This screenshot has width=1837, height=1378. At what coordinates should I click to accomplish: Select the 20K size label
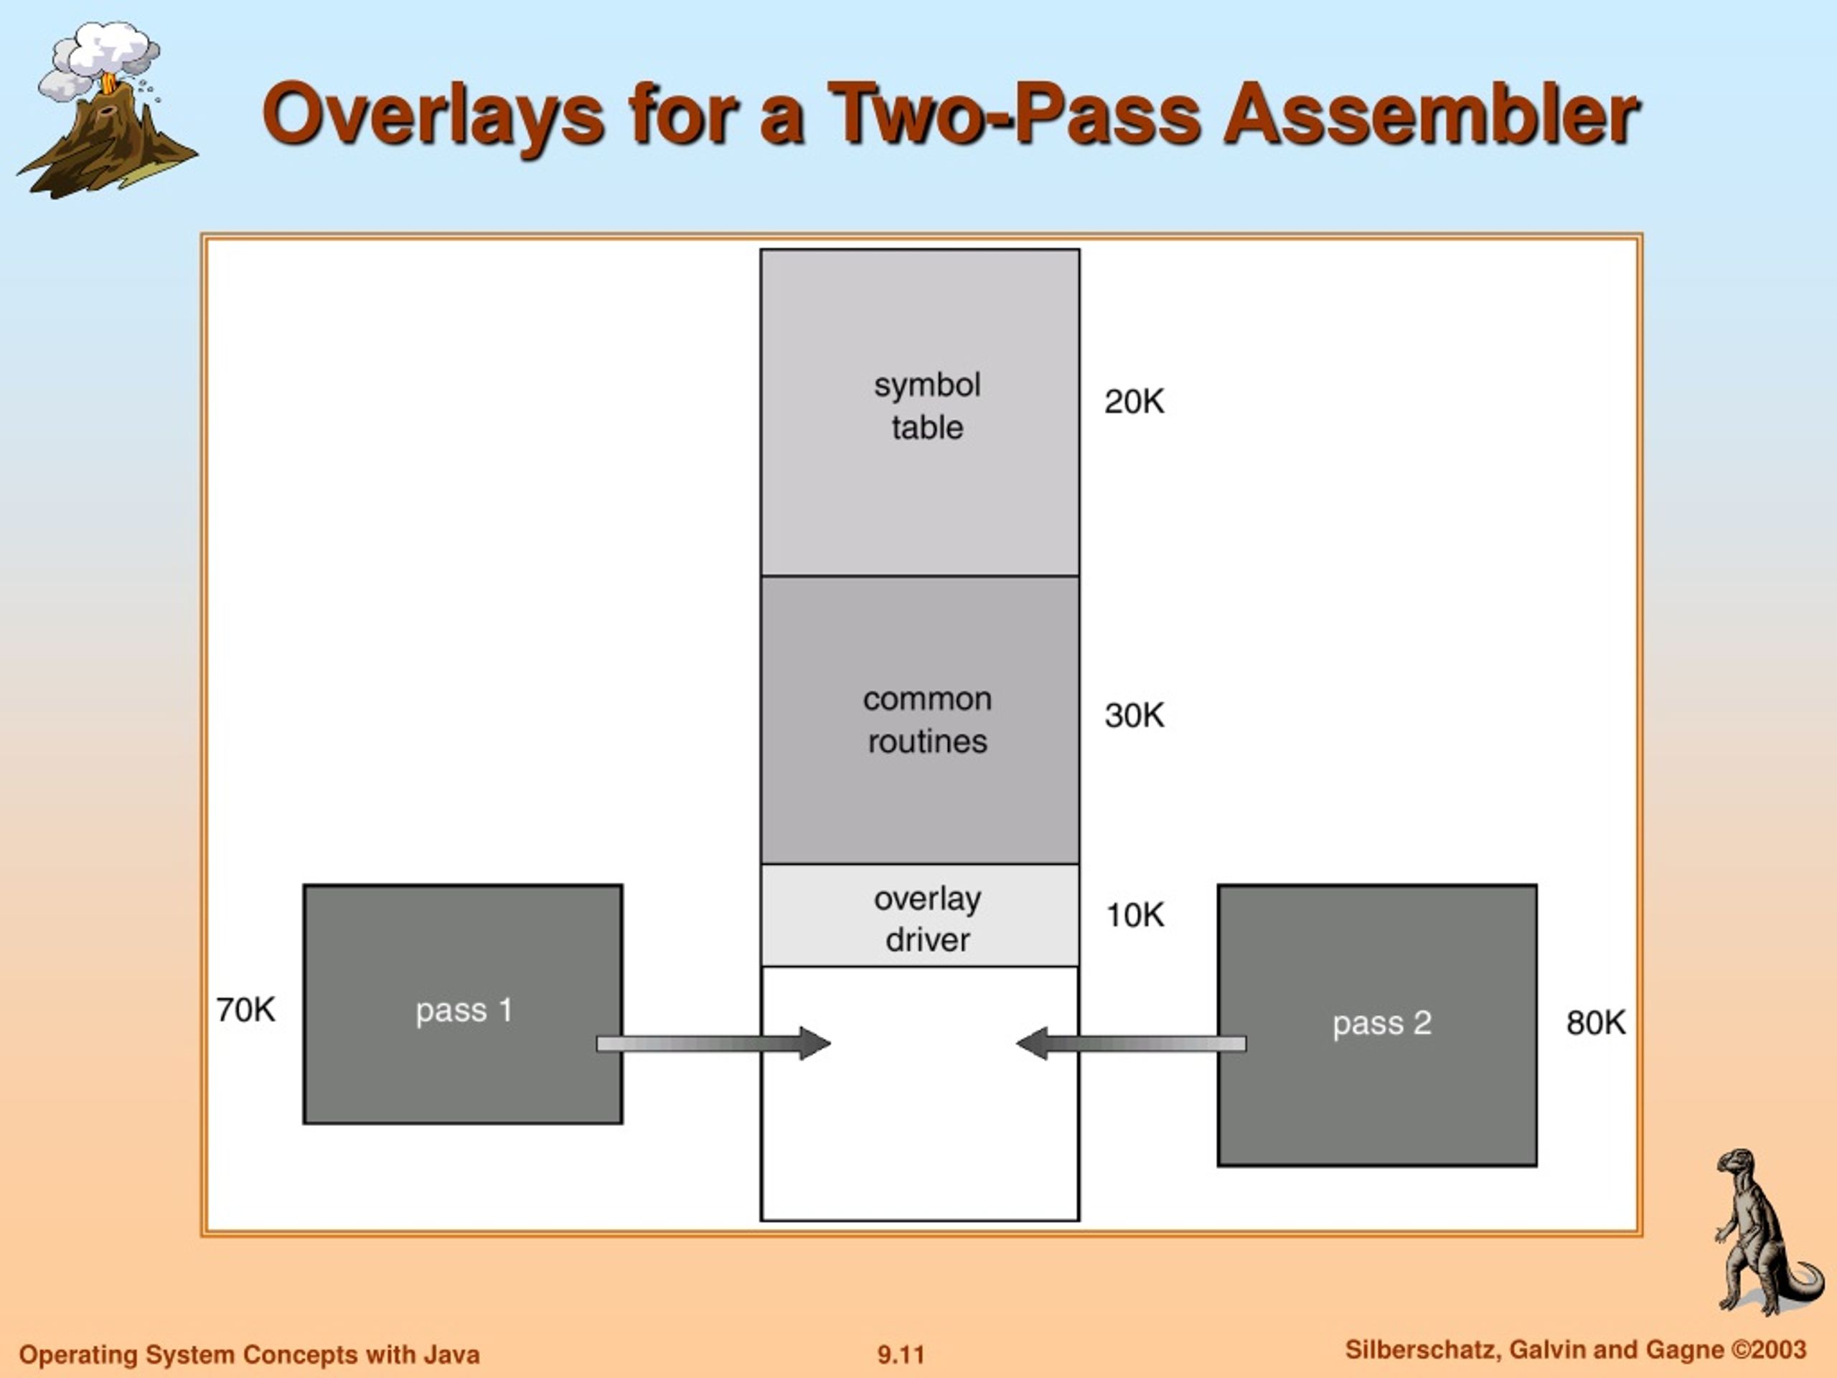point(1134,402)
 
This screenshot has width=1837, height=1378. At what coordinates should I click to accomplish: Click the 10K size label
point(1134,915)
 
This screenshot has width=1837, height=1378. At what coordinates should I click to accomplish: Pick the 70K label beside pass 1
point(246,1010)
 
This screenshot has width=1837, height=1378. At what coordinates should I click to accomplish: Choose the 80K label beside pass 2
point(1595,1023)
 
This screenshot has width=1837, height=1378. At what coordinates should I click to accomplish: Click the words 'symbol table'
point(927,406)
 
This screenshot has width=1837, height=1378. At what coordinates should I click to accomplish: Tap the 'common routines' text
point(927,720)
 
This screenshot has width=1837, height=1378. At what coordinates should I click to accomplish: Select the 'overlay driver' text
point(927,919)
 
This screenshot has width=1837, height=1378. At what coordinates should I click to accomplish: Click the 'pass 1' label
point(464,1011)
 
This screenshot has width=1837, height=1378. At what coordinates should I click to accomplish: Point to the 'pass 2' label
point(1382,1023)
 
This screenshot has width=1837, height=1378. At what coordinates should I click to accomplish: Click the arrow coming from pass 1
point(713,1044)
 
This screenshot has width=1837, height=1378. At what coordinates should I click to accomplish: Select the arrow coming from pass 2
point(1131,1044)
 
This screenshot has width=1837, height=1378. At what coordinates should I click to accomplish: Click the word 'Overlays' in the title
point(433,115)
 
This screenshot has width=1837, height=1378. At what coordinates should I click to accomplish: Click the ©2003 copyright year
point(1768,1350)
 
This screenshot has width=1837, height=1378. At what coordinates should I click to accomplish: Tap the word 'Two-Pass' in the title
point(1014,115)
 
